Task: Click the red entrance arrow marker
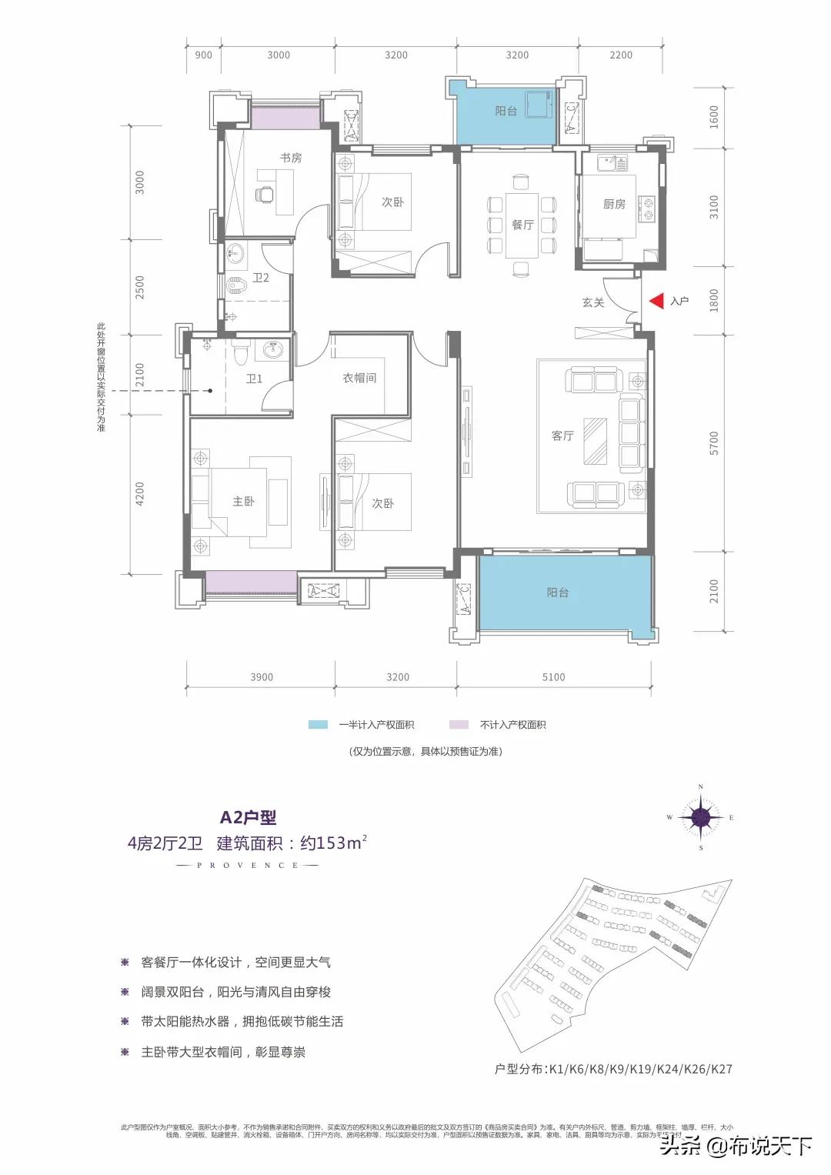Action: coord(656,301)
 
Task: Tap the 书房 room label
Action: coord(291,158)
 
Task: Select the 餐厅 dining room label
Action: coord(522,225)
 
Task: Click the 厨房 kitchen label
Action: coord(614,204)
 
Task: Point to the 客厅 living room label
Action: coord(562,436)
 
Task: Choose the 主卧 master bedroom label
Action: coord(243,501)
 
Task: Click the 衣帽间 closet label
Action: coord(359,378)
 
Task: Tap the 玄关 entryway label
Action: coord(592,302)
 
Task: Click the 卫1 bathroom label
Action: coord(254,379)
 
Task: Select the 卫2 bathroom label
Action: coord(261,278)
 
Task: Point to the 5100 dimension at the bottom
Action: coord(553,677)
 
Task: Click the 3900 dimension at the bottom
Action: coord(262,677)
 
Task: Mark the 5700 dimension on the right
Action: coord(714,442)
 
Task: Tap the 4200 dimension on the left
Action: coord(140,493)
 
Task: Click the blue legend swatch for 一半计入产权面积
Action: coord(318,725)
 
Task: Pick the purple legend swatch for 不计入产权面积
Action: coord(459,725)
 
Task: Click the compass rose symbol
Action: coord(700,817)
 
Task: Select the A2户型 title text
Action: coord(248,818)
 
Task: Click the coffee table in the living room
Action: coord(595,441)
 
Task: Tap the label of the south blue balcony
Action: coord(558,593)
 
